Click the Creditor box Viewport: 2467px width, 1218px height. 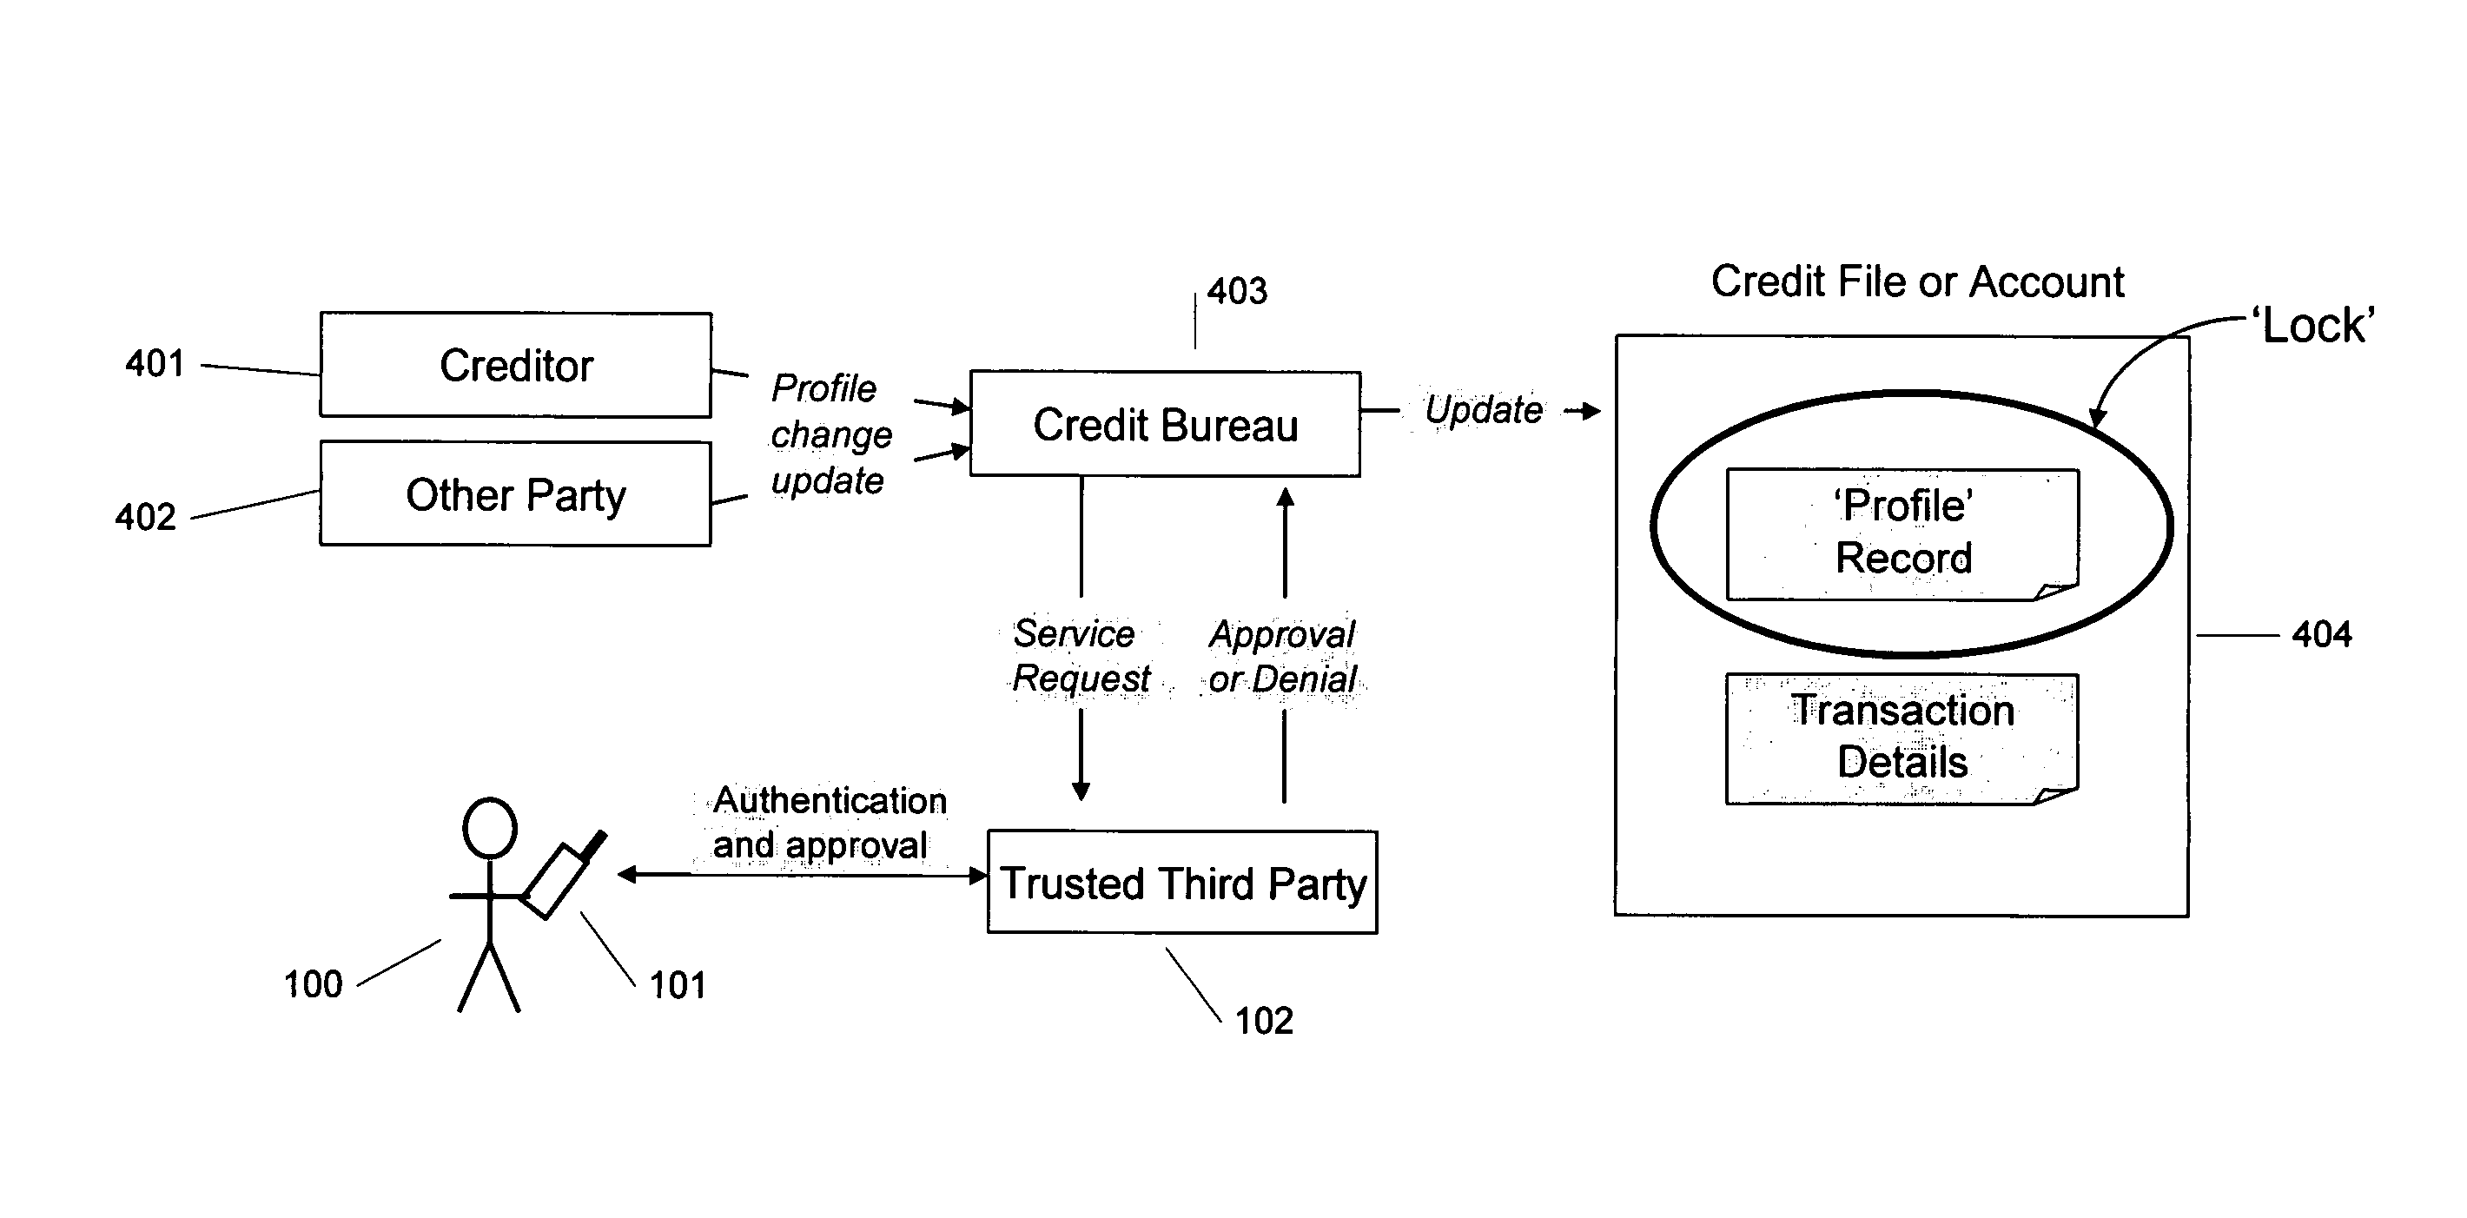click(515, 365)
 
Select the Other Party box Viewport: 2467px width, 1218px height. click(515, 494)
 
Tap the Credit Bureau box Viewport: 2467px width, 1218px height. click(1165, 424)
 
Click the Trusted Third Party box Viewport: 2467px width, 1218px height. click(1181, 882)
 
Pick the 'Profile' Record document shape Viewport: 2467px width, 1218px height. click(1902, 533)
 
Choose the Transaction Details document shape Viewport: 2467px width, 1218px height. click(1902, 738)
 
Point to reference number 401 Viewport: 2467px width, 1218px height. click(155, 364)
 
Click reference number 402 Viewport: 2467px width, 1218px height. click(146, 517)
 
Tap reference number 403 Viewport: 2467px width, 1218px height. click(1236, 291)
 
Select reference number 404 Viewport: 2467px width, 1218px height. click(2321, 634)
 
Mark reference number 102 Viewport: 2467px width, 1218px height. click(1263, 1021)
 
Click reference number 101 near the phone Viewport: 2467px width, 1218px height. click(677, 984)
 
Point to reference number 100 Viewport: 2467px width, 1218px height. click(312, 984)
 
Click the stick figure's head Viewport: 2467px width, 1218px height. click(489, 827)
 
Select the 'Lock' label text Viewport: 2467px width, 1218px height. click(2318, 326)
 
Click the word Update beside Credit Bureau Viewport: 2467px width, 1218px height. click(1484, 410)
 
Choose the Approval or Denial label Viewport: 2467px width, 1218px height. click(1282, 656)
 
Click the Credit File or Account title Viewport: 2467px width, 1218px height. click(1917, 281)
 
